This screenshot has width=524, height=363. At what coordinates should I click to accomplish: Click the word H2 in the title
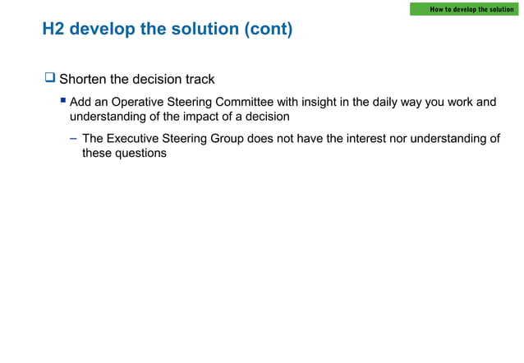53,30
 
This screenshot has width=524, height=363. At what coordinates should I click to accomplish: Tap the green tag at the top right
464,9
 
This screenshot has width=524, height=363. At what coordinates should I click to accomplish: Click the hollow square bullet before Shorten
49,79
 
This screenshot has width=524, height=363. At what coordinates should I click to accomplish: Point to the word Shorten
83,80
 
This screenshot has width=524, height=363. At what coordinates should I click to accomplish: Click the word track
199,80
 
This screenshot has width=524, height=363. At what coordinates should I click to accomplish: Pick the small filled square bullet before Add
62,102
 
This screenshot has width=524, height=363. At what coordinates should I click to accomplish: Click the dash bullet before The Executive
74,139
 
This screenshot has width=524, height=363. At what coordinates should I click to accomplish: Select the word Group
227,139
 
